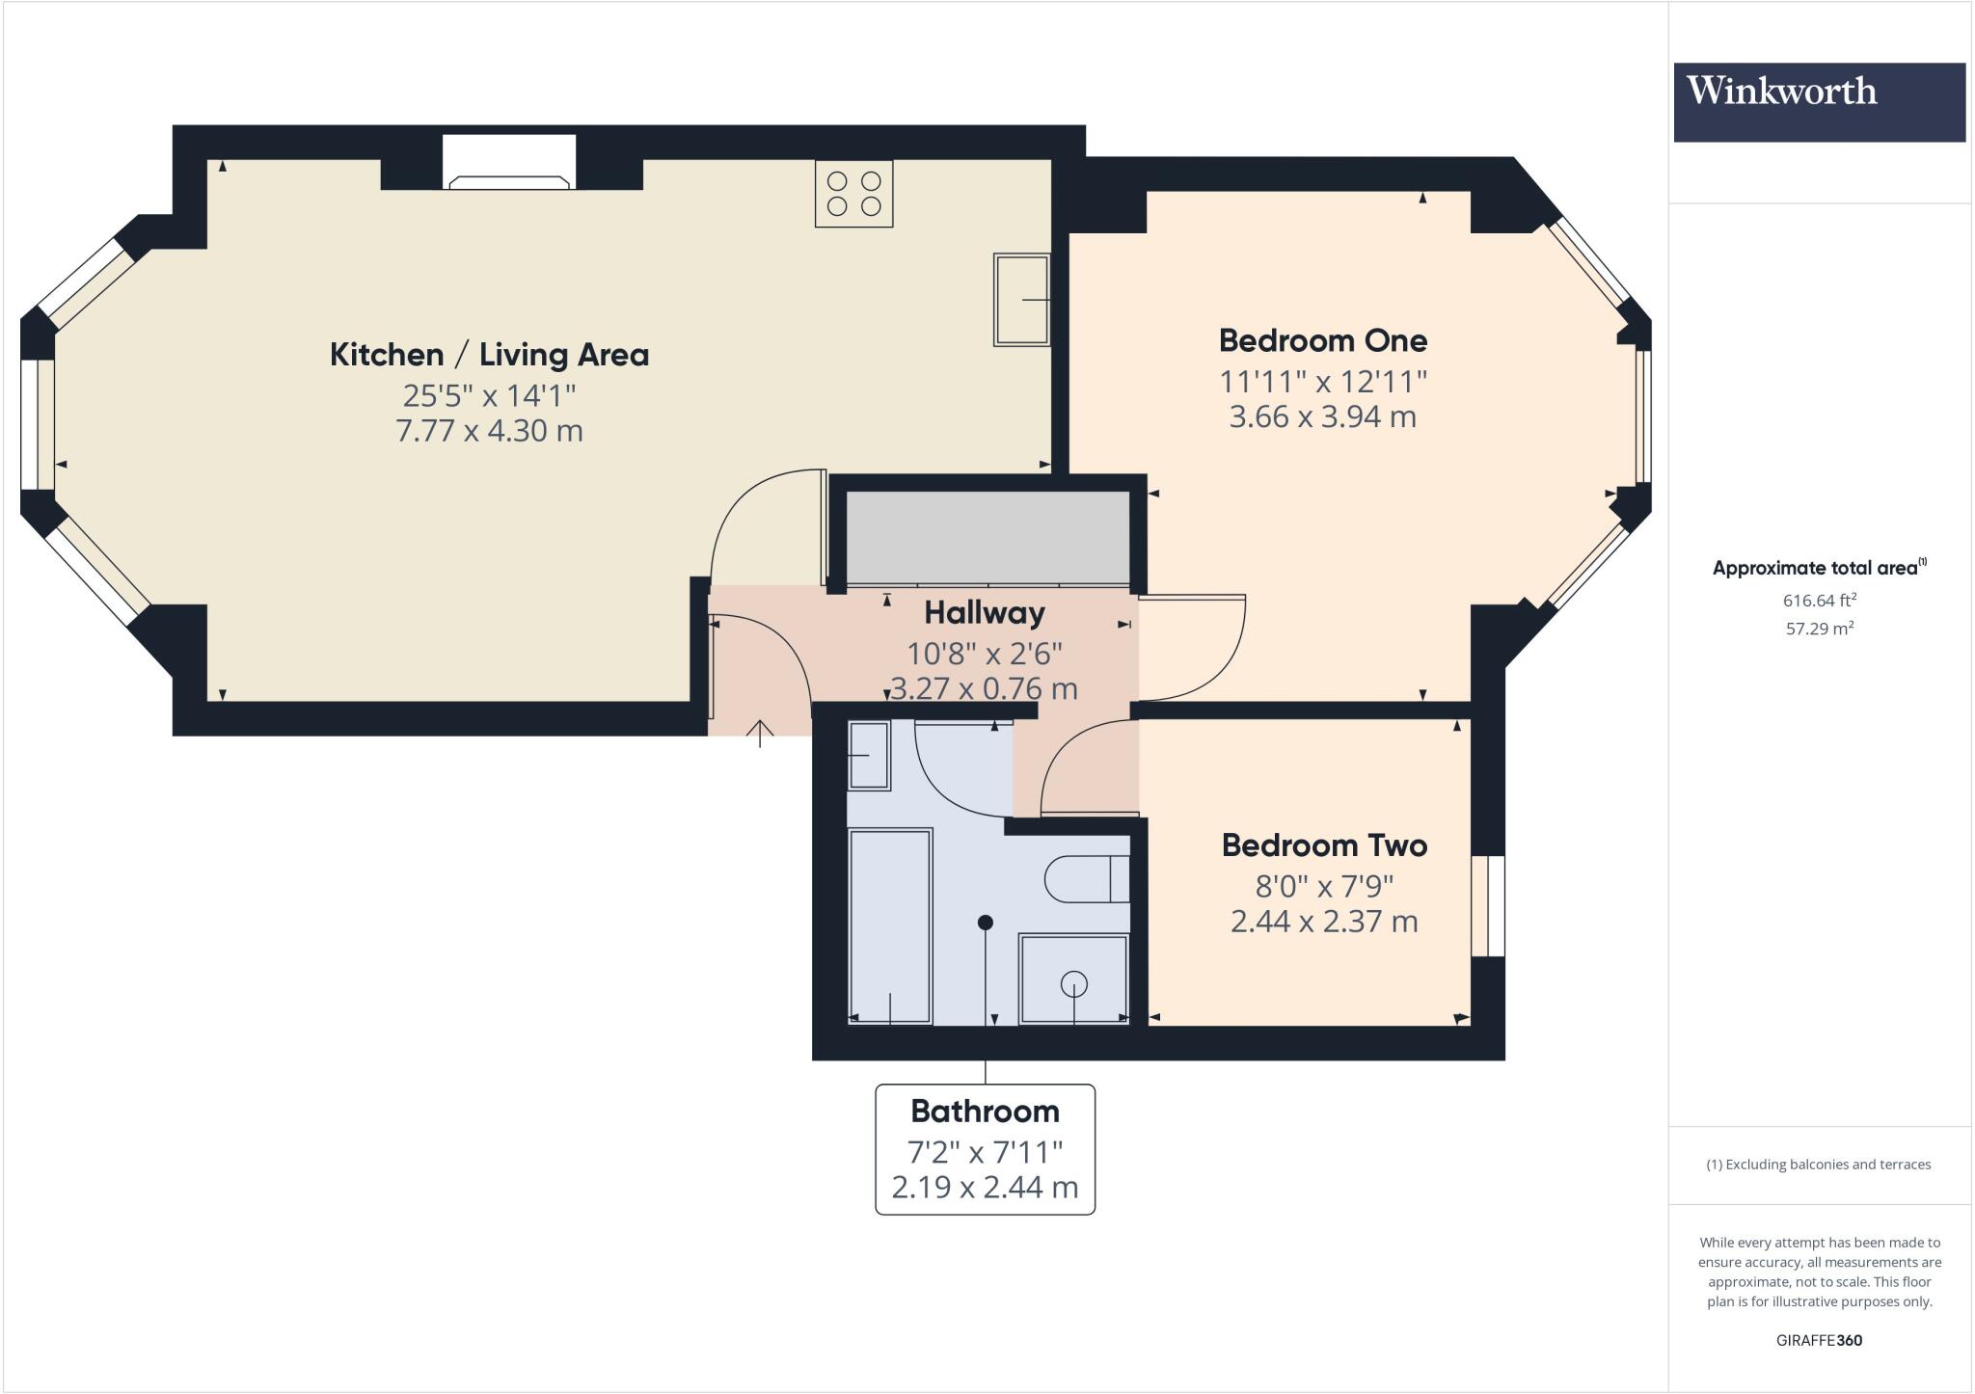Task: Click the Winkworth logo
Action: [x=1819, y=102]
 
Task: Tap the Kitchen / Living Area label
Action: [x=489, y=355]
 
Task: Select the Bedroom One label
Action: [x=1322, y=340]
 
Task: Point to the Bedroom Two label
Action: [x=1323, y=845]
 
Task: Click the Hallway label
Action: [x=984, y=613]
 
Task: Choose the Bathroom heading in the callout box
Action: [x=985, y=1112]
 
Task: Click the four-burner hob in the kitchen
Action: [x=853, y=194]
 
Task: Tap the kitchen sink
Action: [x=1021, y=300]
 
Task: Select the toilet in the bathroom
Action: [x=1087, y=878]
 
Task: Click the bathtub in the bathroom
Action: [x=889, y=926]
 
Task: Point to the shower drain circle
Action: [x=1073, y=984]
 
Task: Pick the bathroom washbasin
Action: [x=868, y=756]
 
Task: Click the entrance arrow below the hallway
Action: [x=760, y=734]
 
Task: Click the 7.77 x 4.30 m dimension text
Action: [x=489, y=431]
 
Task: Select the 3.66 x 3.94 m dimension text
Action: [x=1322, y=417]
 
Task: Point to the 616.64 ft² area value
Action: [x=1819, y=600]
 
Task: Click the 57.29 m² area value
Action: [x=1819, y=629]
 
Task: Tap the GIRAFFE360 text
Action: [x=1819, y=1340]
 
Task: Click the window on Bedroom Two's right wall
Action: [x=1488, y=906]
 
